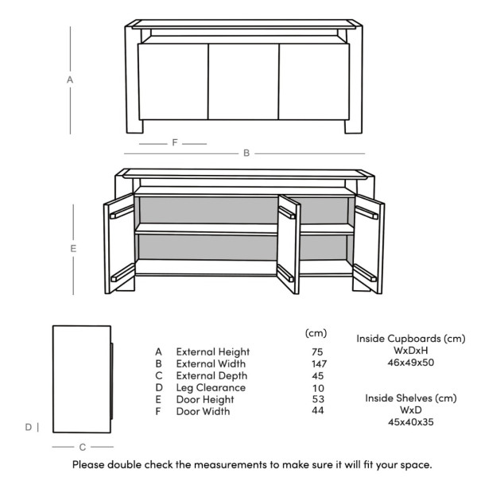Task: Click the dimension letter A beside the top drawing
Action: [x=70, y=80]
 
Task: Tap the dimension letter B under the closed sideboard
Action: [x=246, y=153]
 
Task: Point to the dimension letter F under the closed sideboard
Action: [x=174, y=143]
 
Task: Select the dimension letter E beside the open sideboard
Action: [x=73, y=249]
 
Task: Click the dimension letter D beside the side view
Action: [x=28, y=427]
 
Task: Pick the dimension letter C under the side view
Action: [x=82, y=448]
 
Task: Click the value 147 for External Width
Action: [x=316, y=363]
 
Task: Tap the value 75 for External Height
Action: [x=316, y=351]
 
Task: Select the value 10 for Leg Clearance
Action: [x=316, y=387]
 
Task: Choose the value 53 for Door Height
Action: [x=316, y=399]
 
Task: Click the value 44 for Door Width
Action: [x=316, y=411]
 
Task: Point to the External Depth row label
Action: [x=211, y=375]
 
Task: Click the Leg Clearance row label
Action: [x=211, y=387]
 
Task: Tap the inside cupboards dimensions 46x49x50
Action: [x=411, y=363]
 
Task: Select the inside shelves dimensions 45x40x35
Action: [x=411, y=422]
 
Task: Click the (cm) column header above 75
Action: [x=316, y=332]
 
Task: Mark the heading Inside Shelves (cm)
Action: [x=411, y=397]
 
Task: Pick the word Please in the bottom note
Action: [x=90, y=463]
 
